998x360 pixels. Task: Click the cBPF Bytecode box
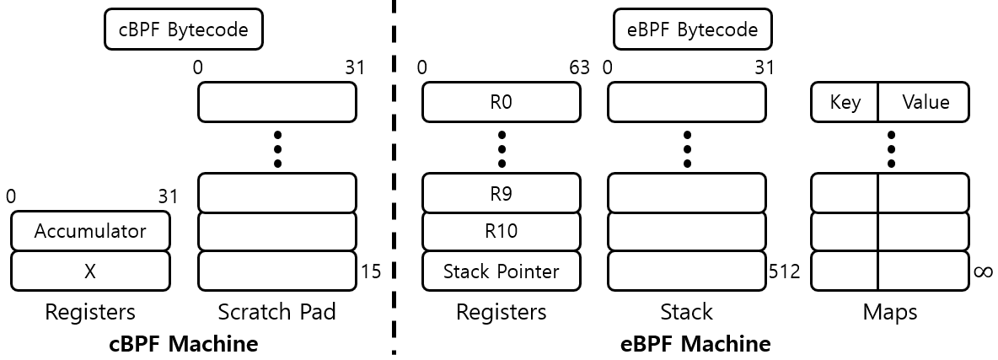(184, 30)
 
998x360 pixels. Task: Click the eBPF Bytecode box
(692, 30)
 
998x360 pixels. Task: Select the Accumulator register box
(90, 231)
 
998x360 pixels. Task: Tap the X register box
(90, 271)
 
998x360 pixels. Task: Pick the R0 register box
(501, 103)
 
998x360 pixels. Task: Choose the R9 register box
(501, 192)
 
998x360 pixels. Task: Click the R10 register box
(501, 231)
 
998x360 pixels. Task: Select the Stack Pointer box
(501, 271)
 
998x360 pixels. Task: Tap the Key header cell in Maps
(845, 103)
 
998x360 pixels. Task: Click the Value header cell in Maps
(925, 103)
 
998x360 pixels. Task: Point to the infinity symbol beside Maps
(983, 271)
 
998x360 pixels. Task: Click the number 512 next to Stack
(784, 271)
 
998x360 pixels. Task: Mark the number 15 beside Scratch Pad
(370, 271)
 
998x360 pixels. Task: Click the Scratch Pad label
(276, 312)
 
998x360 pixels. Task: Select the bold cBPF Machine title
(184, 344)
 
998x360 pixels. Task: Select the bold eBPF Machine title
(695, 344)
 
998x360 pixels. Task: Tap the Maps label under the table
(889, 312)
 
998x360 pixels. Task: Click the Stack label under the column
(686, 312)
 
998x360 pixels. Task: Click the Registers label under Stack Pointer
(501, 312)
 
